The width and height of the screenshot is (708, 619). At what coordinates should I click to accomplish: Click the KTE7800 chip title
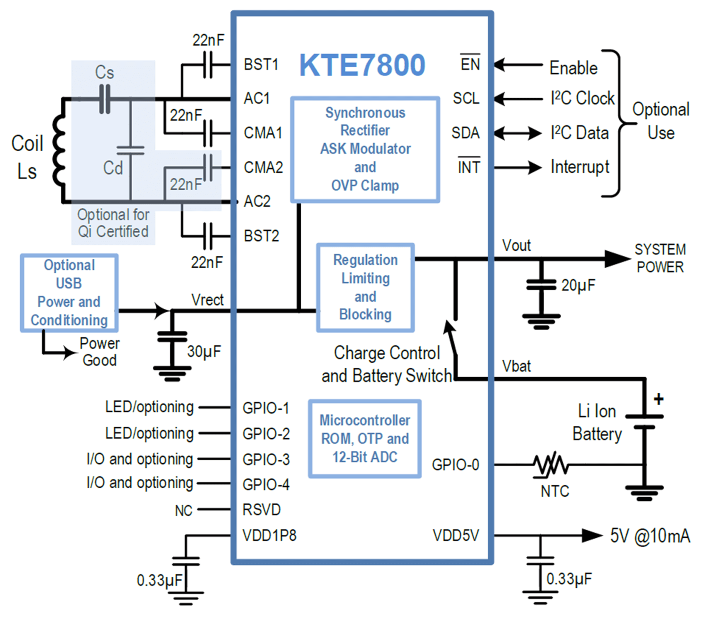click(362, 65)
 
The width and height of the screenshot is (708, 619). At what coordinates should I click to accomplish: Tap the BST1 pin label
click(261, 64)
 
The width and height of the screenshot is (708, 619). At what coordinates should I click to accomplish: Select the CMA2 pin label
click(263, 167)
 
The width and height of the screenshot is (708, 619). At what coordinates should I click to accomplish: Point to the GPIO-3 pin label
click(266, 459)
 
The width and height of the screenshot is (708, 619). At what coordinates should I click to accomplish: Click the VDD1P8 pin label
click(270, 535)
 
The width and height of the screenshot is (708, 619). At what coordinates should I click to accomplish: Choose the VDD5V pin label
click(456, 535)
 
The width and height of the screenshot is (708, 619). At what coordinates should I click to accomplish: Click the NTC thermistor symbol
click(550, 465)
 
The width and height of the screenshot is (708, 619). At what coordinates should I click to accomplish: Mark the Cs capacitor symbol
click(104, 100)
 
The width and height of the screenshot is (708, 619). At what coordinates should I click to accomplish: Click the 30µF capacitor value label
click(204, 351)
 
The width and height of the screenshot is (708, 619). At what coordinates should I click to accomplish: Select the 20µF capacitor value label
click(578, 285)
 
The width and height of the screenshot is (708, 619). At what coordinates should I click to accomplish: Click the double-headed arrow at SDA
click(518, 133)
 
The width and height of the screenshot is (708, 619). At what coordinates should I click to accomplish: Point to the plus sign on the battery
click(658, 399)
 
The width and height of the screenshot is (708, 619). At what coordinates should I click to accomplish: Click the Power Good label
click(100, 352)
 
